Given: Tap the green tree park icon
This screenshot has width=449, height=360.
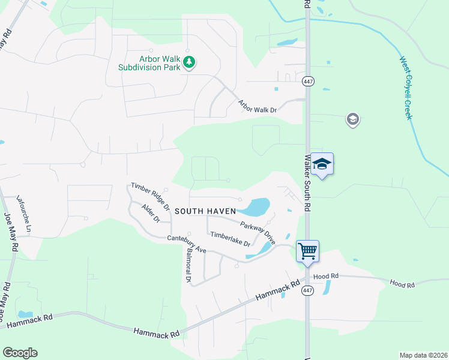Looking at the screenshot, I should [x=189, y=62].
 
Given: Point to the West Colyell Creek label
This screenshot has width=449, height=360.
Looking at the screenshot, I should [x=407, y=88].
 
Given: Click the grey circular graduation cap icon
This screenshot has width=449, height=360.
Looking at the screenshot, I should [x=353, y=120].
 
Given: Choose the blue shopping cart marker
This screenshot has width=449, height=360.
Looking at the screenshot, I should [x=307, y=250].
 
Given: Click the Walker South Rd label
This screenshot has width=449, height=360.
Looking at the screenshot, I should [x=307, y=183].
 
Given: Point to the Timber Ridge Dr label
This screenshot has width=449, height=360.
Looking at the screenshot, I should [x=151, y=196].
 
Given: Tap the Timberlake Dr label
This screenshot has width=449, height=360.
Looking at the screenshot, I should [x=230, y=238].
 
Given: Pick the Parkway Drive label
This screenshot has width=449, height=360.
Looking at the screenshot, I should [x=258, y=232].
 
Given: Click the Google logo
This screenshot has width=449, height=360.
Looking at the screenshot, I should [x=20, y=353].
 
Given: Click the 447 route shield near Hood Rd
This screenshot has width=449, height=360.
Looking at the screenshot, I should [x=307, y=290].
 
